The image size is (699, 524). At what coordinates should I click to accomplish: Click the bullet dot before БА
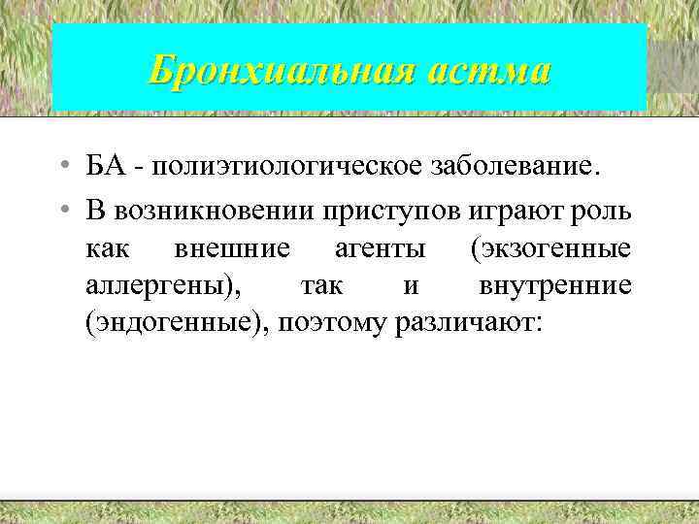[x=60, y=167]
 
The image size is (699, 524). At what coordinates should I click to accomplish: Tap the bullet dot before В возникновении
[x=60, y=209]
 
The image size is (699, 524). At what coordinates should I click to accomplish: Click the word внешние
[x=231, y=248]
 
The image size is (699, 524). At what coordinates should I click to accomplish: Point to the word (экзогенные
[x=549, y=248]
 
